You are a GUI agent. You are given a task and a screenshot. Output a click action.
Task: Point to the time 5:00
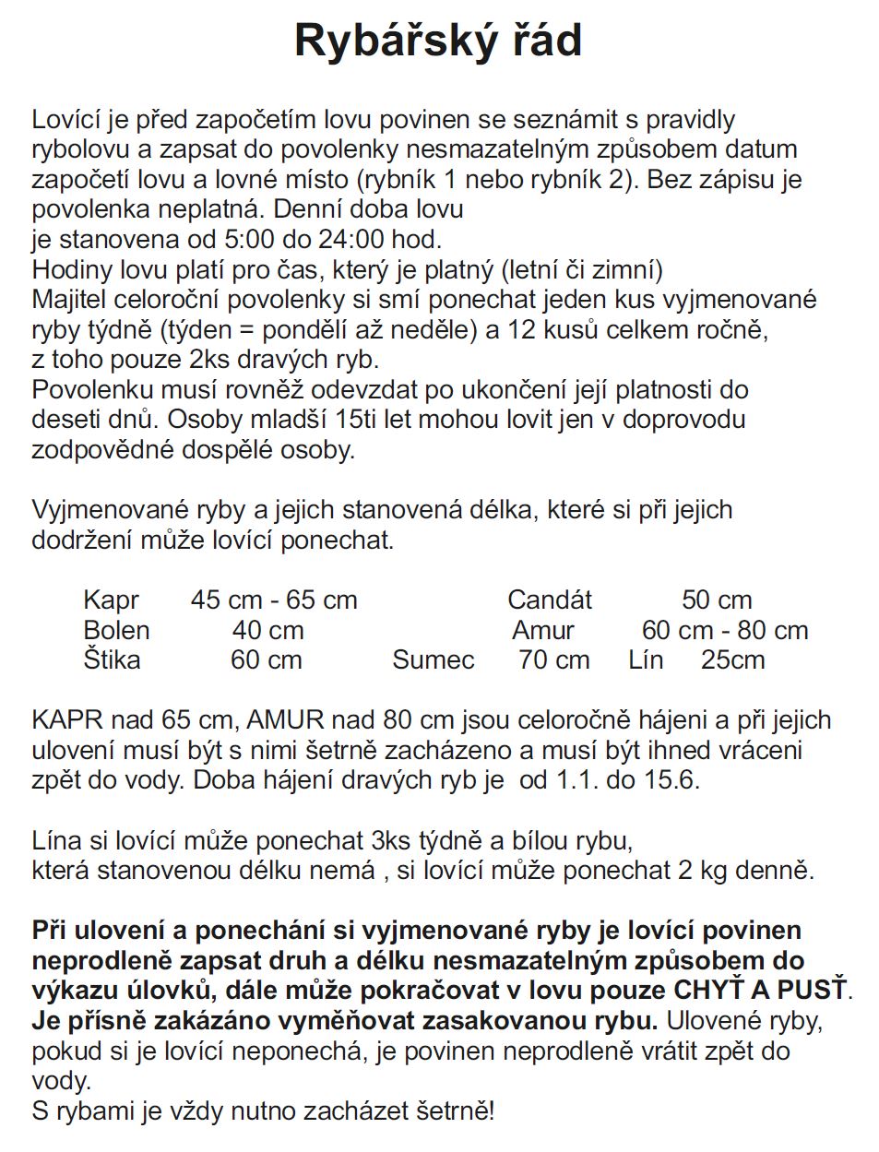(249, 239)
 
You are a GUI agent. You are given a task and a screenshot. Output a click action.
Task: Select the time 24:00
(351, 239)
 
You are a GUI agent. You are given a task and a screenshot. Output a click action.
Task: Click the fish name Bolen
(116, 631)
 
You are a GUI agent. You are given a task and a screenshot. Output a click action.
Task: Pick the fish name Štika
(112, 660)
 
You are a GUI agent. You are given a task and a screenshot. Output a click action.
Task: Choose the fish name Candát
(550, 600)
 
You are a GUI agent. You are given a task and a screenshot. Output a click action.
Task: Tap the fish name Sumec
(433, 660)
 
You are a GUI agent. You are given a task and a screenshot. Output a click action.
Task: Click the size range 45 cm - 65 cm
(274, 600)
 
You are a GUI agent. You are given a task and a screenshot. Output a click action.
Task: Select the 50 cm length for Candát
(717, 600)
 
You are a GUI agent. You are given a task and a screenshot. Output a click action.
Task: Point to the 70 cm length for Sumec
(553, 660)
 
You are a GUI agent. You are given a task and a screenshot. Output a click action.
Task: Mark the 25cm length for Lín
(732, 660)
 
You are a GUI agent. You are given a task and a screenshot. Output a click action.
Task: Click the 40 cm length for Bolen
(267, 631)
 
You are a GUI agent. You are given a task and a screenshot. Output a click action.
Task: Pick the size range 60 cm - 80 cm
(725, 631)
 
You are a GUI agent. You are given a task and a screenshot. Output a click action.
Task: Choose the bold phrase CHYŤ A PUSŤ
(761, 991)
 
